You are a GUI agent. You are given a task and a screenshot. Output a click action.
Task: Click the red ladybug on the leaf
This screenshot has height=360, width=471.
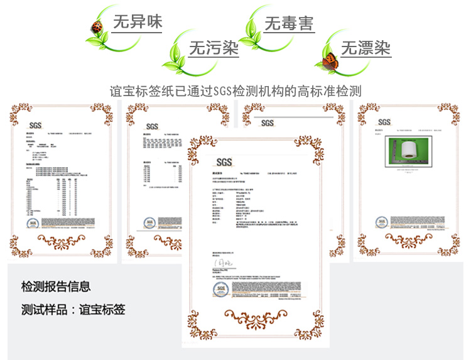coord(97,27)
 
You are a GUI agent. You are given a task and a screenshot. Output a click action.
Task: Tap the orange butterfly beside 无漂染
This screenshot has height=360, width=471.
coord(330,60)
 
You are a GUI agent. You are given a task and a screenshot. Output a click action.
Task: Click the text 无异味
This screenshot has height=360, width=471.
coord(137,22)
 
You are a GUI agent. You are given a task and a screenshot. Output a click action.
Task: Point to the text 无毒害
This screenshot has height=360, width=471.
coord(289,23)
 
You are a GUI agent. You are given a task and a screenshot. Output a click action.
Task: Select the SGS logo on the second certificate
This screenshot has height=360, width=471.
coord(152,125)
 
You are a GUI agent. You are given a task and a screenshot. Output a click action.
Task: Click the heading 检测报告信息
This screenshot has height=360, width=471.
coord(56,286)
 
